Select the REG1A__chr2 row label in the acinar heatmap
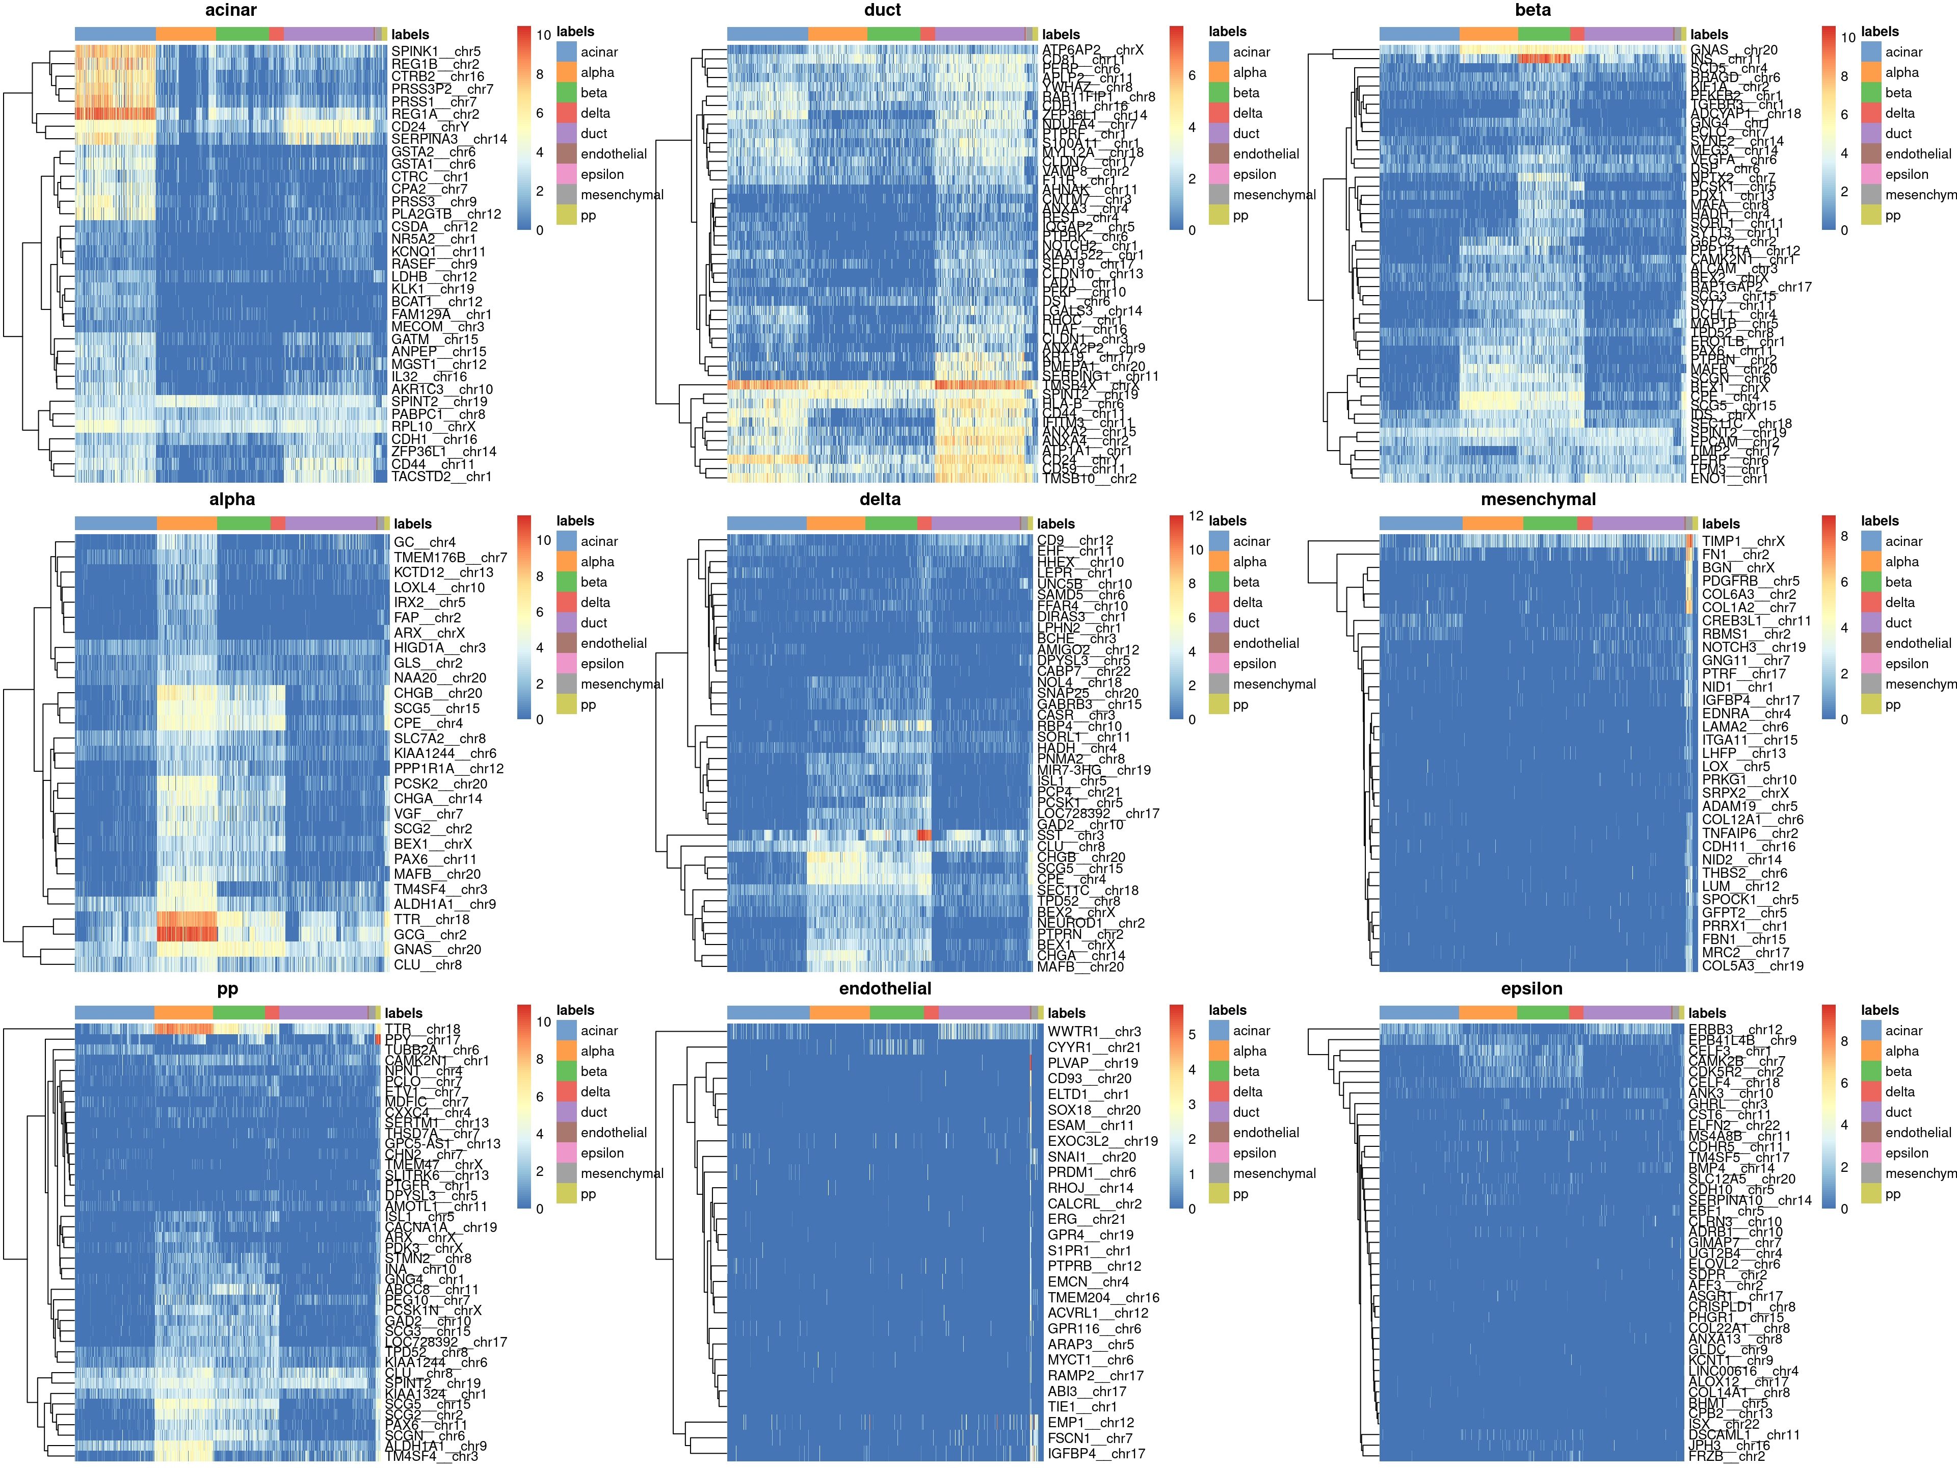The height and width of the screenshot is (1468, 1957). click(x=434, y=114)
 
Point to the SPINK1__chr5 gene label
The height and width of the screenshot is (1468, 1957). click(x=435, y=51)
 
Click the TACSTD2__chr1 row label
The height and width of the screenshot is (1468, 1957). click(x=441, y=476)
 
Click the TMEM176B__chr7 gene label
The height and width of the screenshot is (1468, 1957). click(x=449, y=558)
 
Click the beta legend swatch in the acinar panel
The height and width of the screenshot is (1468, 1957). click(x=566, y=93)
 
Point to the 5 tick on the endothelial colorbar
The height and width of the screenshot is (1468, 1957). click(x=1191, y=1034)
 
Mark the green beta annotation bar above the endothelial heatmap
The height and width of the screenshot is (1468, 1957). click(x=896, y=1012)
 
